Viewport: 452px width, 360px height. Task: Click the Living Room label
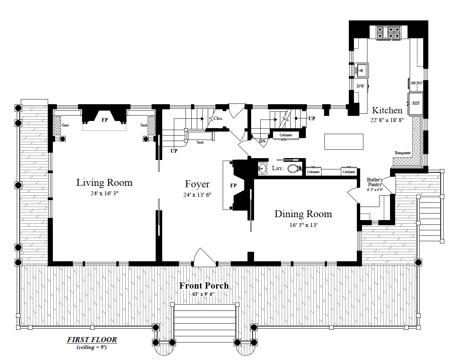click(104, 183)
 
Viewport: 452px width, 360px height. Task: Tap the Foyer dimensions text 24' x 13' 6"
click(197, 195)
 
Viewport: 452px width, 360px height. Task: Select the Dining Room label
click(303, 214)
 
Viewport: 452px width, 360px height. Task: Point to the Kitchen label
click(387, 110)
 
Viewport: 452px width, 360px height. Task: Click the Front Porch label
click(204, 285)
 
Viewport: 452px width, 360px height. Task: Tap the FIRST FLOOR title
click(92, 340)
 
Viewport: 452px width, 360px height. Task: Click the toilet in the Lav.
click(295, 168)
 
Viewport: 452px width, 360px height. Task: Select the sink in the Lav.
click(263, 168)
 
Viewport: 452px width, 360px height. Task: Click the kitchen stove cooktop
click(388, 32)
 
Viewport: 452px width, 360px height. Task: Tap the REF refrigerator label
click(416, 103)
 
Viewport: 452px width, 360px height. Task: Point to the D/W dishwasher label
click(361, 86)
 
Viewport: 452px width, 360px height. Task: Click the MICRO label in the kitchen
click(417, 83)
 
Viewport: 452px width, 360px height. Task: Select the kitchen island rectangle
click(344, 142)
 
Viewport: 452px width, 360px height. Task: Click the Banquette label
click(403, 153)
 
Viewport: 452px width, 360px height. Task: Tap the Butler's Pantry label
click(375, 182)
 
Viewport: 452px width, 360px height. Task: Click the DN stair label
click(262, 141)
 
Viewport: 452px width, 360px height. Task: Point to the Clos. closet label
click(218, 118)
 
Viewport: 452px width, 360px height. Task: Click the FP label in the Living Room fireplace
click(105, 120)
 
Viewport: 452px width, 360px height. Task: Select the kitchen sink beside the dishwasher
click(362, 70)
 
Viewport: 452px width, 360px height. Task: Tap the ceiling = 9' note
click(91, 347)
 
